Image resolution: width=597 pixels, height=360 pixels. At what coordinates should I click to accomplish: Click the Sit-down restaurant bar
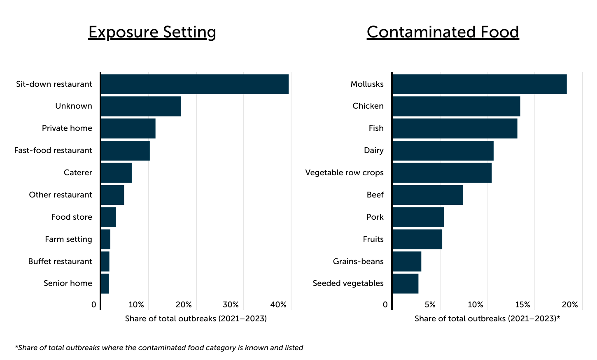pos(194,84)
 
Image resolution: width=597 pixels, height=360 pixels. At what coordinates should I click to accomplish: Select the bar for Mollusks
pos(479,84)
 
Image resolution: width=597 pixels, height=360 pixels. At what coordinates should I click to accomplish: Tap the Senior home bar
pos(105,283)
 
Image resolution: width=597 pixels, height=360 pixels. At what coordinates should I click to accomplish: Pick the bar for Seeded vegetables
pos(405,283)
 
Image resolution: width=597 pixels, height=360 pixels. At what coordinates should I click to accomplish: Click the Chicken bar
pos(456,106)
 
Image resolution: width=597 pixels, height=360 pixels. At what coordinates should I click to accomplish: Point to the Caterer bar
pos(116,173)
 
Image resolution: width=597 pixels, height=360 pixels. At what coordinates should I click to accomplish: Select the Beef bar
pos(427,195)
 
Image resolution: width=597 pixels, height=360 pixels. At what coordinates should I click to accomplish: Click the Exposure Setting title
pos(152,32)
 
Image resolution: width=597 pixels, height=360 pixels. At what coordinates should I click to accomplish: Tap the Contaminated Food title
pos(443,32)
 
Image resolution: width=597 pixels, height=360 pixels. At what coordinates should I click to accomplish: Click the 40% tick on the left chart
pos(278,305)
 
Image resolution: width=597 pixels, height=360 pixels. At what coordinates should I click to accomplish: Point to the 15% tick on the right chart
pos(522,305)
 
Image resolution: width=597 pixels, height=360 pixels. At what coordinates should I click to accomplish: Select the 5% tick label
pos(430,305)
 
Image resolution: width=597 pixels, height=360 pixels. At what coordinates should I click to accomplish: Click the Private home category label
pos(67,128)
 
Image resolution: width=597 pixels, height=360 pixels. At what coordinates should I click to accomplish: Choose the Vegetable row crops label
pos(344,173)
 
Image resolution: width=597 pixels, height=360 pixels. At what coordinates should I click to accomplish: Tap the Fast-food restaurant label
pos(53,151)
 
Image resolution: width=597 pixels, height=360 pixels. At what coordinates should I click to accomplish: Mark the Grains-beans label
pos(358,262)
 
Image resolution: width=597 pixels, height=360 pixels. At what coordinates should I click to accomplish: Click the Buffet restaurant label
pos(60,262)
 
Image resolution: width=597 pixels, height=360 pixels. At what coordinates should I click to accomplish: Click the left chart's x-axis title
pos(196,319)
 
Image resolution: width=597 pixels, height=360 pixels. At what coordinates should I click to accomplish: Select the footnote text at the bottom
pos(159,348)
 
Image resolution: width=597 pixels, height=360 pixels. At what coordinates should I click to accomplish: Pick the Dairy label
pos(373,151)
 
